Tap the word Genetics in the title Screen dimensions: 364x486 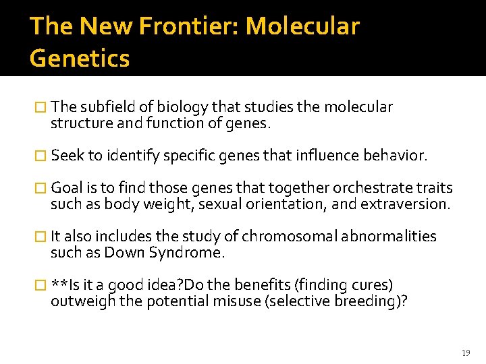(x=80, y=58)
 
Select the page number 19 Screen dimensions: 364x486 (x=466, y=353)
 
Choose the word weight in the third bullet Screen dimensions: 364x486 (x=161, y=204)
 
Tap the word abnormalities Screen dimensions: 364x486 (x=389, y=237)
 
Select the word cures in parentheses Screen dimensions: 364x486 (x=371, y=285)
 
